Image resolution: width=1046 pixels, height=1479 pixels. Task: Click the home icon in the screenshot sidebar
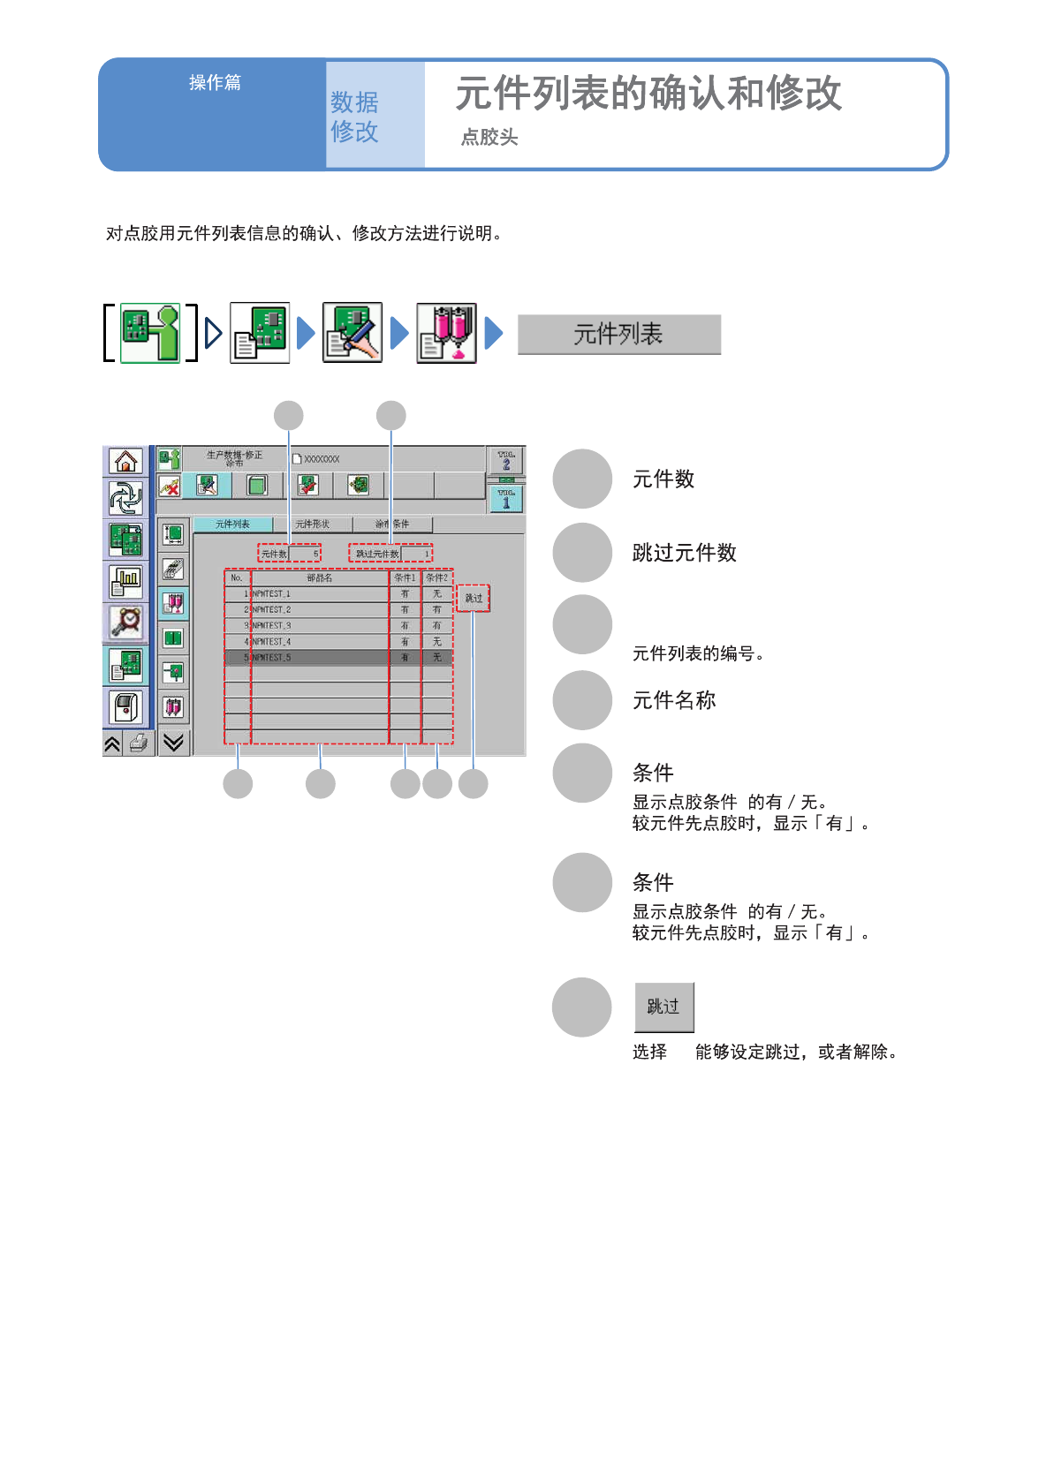125,461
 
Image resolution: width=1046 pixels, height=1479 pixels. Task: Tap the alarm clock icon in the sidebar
125,622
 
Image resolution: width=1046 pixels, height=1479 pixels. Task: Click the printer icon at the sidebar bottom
139,743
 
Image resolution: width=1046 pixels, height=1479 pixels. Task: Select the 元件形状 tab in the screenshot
312,524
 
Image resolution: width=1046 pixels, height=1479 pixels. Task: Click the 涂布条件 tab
392,524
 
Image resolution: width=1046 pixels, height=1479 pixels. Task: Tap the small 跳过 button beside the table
474,599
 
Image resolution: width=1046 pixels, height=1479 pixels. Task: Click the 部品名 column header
320,578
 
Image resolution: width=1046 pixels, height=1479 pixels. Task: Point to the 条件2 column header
437,578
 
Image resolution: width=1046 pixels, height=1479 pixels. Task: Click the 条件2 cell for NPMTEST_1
437,594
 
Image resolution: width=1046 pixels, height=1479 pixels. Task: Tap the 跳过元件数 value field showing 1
416,555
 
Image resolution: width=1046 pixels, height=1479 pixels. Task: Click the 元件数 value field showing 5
305,555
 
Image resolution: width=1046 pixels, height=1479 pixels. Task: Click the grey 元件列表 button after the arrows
618,335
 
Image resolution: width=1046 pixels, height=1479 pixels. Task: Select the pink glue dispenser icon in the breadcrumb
447,333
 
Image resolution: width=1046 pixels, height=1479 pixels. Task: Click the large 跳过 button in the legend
663,1007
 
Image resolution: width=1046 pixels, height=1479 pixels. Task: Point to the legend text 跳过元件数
685,553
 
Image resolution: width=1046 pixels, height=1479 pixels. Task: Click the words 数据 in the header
354,102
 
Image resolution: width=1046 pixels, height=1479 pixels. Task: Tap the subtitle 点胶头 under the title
489,138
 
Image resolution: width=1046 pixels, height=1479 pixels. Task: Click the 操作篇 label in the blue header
215,83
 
